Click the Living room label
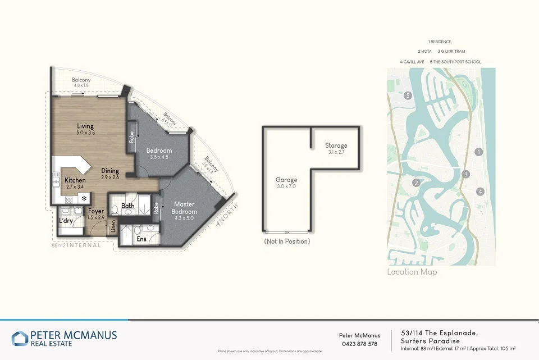85,126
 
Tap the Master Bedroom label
184,207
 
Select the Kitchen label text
75,180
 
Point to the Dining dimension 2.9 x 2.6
111,177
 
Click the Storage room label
336,145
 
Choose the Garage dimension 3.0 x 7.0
286,187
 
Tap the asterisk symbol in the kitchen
85,199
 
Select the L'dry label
65,221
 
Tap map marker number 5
408,95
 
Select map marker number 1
478,152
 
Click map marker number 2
417,183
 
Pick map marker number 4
479,192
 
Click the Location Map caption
412,272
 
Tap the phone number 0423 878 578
359,344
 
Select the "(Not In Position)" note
286,241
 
